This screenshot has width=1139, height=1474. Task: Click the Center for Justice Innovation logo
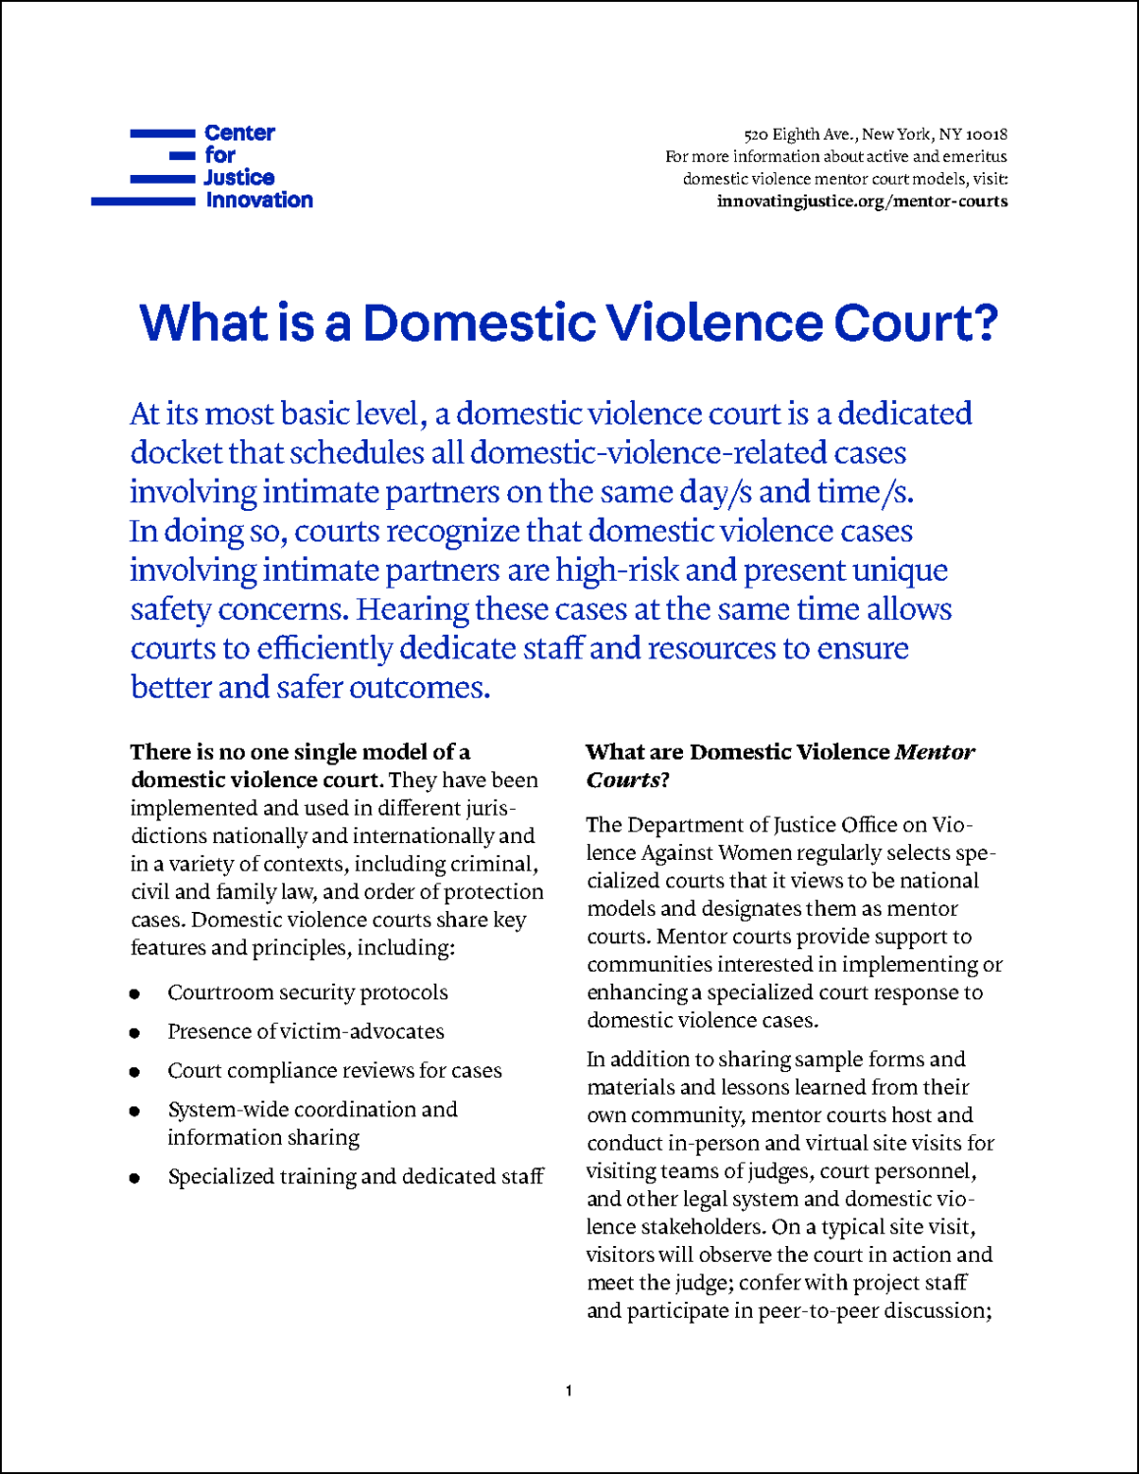click(202, 167)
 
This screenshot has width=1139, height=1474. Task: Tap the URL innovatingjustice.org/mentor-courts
click(862, 201)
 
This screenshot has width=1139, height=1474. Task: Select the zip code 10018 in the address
click(987, 135)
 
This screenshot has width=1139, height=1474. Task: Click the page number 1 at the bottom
click(569, 1390)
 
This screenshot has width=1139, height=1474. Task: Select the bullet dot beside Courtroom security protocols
click(135, 994)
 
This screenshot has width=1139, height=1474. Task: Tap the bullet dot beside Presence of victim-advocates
click(135, 1033)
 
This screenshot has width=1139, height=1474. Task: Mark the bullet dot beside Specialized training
click(135, 1178)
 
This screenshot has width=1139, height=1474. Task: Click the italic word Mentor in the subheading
click(935, 753)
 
